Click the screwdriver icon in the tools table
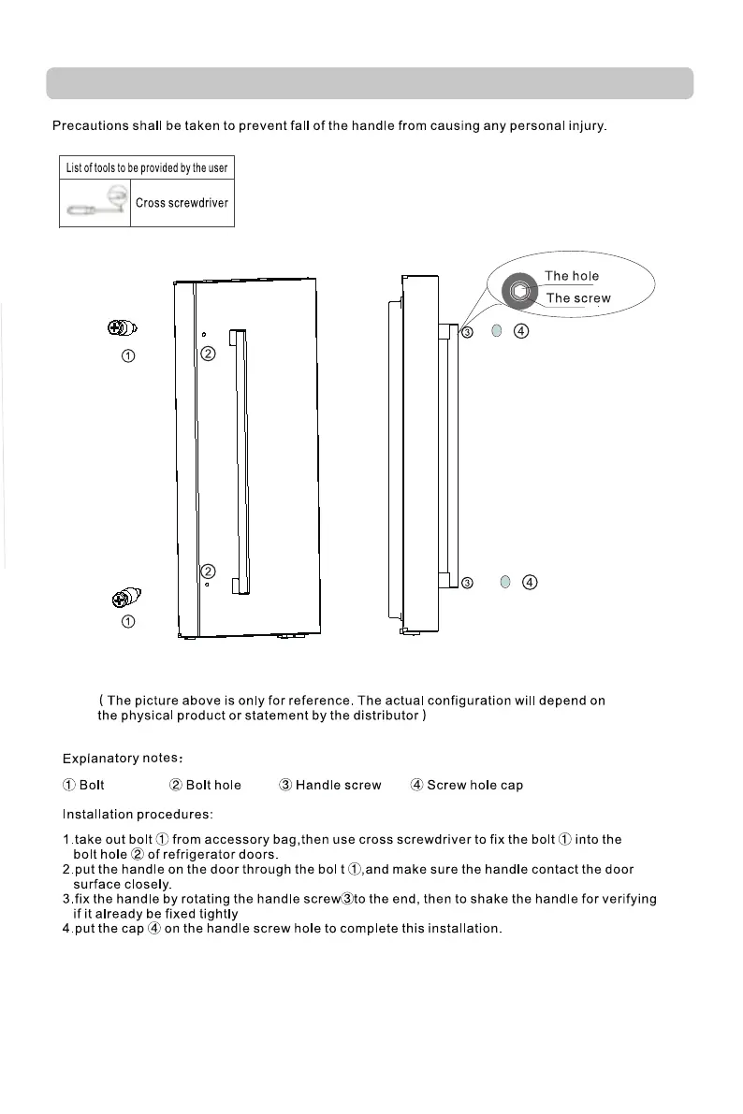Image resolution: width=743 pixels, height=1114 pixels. [x=97, y=202]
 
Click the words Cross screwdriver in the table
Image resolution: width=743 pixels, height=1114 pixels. [x=182, y=203]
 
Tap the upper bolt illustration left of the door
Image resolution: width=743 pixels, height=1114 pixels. [x=121, y=328]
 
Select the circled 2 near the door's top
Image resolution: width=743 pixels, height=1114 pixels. [x=208, y=354]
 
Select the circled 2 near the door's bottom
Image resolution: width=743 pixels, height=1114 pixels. [x=208, y=571]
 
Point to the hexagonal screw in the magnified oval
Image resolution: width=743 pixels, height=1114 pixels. [x=519, y=292]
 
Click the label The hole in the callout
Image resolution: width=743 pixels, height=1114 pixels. [x=571, y=276]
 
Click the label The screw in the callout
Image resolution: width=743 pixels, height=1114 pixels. [x=577, y=298]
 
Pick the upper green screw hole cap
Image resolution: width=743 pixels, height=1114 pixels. [x=497, y=331]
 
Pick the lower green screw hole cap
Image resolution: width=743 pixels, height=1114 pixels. [x=504, y=582]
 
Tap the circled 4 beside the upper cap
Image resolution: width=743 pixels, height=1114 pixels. [x=522, y=331]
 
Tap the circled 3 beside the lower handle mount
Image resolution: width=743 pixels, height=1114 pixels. [x=467, y=583]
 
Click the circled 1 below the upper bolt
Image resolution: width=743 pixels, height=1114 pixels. [x=129, y=355]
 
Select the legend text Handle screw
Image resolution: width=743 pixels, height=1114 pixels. [x=338, y=785]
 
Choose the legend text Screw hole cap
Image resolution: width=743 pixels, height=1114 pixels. [x=474, y=785]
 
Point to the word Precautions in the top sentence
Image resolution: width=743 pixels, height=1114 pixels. [x=89, y=125]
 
